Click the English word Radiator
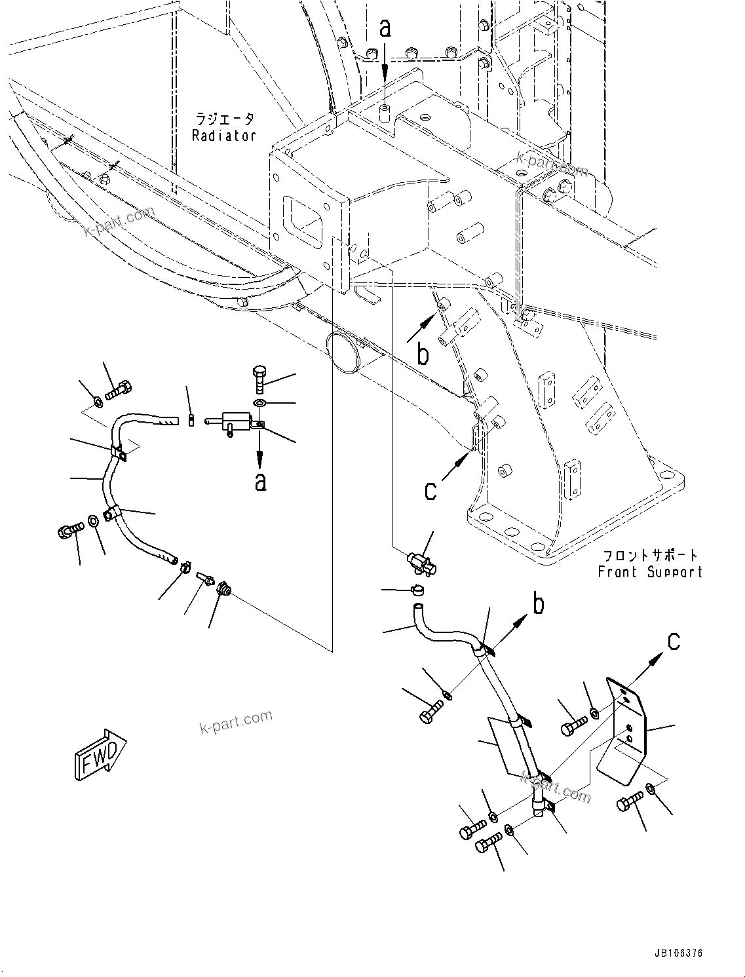click(x=223, y=136)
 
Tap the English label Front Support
click(x=650, y=571)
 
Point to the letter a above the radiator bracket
click(x=385, y=28)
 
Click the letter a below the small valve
click(x=261, y=482)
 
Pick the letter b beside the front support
click(x=424, y=354)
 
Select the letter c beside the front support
click(x=430, y=489)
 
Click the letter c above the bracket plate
click(x=674, y=642)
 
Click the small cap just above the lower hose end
click(x=417, y=591)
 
